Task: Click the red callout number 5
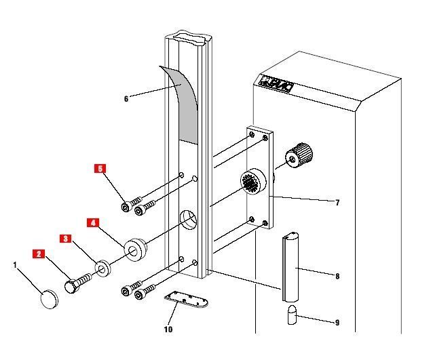(100, 169)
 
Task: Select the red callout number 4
(93, 222)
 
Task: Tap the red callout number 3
(65, 239)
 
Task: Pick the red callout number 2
(39, 254)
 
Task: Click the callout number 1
(15, 265)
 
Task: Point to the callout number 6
(126, 99)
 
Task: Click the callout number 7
(337, 203)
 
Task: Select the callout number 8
(337, 276)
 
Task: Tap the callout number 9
(337, 323)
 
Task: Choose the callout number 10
(168, 329)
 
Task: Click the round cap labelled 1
(50, 299)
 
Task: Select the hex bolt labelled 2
(77, 283)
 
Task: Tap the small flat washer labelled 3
(102, 268)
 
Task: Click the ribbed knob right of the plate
(299, 155)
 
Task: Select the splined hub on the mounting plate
(253, 182)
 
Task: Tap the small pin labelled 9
(292, 315)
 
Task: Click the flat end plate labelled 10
(186, 300)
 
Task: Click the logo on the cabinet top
(276, 84)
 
